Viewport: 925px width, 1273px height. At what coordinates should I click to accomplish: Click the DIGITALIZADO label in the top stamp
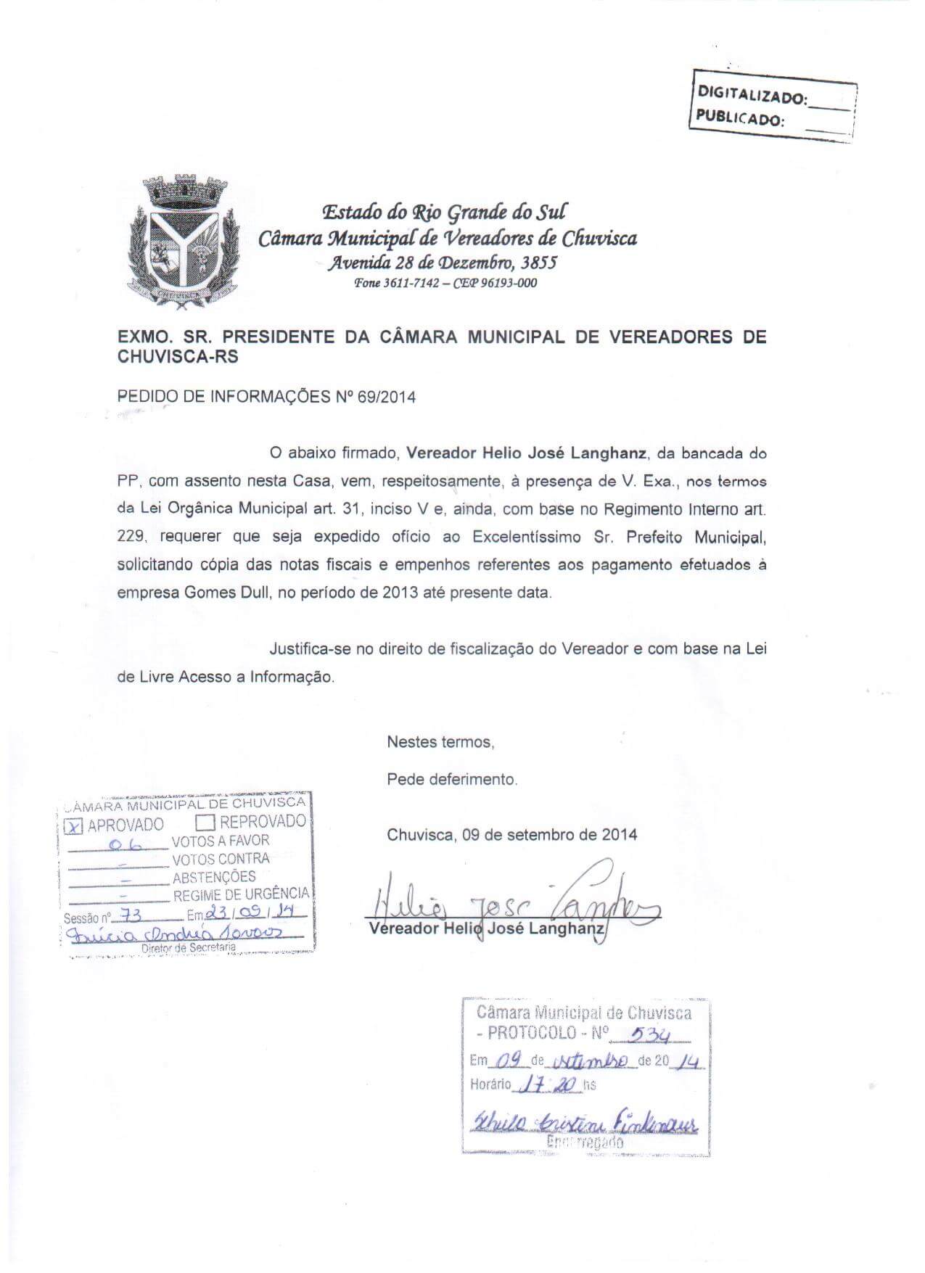click(x=751, y=95)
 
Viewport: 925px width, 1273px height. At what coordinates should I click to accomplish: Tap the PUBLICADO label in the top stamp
click(x=740, y=118)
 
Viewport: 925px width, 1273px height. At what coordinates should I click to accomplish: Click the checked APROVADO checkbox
click(x=75, y=825)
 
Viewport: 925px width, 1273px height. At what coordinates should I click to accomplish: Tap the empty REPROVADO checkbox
click(x=206, y=823)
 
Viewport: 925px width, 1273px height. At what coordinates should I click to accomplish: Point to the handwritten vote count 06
click(x=128, y=844)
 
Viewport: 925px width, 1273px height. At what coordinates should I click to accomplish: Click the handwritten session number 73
click(x=131, y=915)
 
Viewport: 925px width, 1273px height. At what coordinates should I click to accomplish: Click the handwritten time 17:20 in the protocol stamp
click(x=551, y=1085)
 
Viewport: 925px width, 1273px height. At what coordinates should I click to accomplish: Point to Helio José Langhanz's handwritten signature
click(x=508, y=903)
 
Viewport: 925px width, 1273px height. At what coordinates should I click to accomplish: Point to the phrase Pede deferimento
click(x=452, y=780)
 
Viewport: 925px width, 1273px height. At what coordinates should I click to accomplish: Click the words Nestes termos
click(x=440, y=742)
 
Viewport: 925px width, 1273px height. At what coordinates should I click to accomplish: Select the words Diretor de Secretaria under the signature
click(x=189, y=947)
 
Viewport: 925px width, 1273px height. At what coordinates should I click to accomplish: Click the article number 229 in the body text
click(x=132, y=537)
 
